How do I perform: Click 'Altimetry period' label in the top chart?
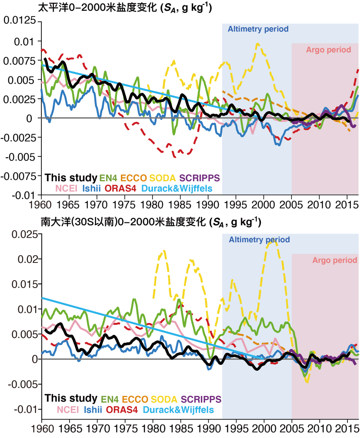[x=258, y=30]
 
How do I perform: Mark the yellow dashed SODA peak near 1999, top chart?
[x=258, y=43]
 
